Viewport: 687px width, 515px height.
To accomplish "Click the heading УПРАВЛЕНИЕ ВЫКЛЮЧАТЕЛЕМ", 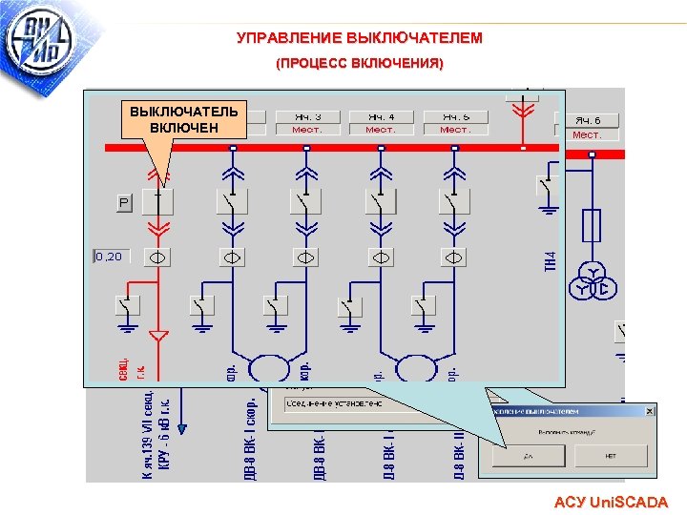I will pyautogui.click(x=360, y=38).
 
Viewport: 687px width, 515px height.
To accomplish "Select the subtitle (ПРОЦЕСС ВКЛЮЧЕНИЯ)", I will pyautogui.click(x=360, y=64).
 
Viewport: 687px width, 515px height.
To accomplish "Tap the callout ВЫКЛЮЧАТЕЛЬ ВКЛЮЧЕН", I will pyautogui.click(x=184, y=119).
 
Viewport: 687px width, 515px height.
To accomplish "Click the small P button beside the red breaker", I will pyautogui.click(x=124, y=202).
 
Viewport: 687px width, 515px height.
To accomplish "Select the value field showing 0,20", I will pyautogui.click(x=111, y=256).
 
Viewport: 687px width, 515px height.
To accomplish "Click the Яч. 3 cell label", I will pyautogui.click(x=307, y=116).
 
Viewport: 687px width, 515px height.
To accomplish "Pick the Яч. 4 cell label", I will pyautogui.click(x=381, y=116).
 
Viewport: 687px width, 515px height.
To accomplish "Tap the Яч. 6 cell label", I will pyautogui.click(x=588, y=121).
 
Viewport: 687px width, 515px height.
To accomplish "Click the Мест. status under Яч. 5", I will pyautogui.click(x=455, y=129).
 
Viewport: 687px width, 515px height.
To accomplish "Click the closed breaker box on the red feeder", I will pyautogui.click(x=158, y=202).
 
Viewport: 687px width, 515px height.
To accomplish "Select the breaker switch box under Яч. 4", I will pyautogui.click(x=381, y=202).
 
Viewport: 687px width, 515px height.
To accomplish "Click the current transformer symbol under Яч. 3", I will pyautogui.click(x=307, y=257).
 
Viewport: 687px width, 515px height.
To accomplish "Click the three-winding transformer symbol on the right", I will pyautogui.click(x=592, y=284).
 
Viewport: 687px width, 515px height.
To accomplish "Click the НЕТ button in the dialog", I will pyautogui.click(x=612, y=456).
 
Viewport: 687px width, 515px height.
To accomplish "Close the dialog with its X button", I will pyautogui.click(x=649, y=410).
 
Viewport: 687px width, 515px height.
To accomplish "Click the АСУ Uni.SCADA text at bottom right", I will pyautogui.click(x=611, y=502).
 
